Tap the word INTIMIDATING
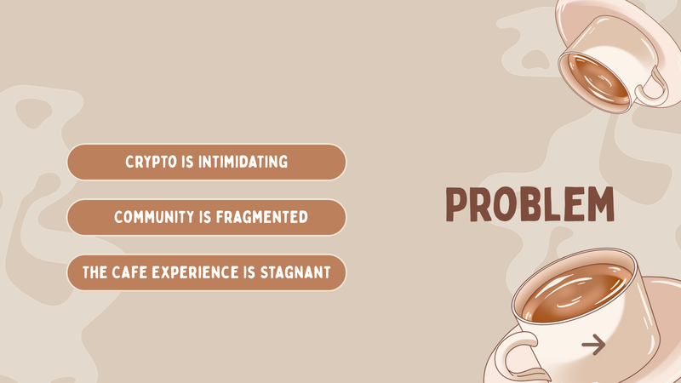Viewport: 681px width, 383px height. pyautogui.click(x=243, y=162)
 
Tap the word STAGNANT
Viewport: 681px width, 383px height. pyautogui.click(x=295, y=272)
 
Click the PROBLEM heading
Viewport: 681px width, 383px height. pyautogui.click(x=529, y=204)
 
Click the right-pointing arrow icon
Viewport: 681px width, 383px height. pyautogui.click(x=593, y=345)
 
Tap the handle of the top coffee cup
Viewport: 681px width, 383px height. pyautogui.click(x=651, y=87)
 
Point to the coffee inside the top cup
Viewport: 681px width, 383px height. pyautogui.click(x=598, y=78)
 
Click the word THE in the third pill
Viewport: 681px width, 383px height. pyautogui.click(x=94, y=272)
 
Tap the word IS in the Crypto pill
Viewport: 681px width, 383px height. pyautogui.click(x=187, y=162)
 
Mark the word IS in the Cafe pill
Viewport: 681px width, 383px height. pyautogui.click(x=249, y=272)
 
